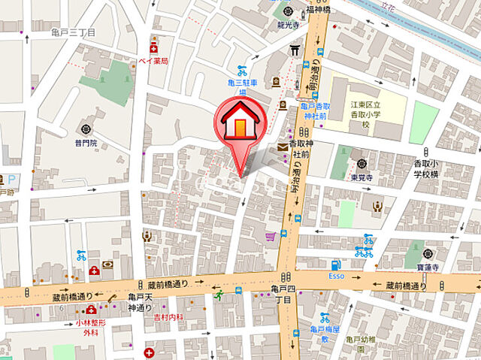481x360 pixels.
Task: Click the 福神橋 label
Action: pyautogui.click(x=318, y=11)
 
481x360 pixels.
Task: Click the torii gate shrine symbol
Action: pyautogui.click(x=295, y=51)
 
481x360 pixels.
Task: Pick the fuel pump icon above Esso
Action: pyautogui.click(x=336, y=265)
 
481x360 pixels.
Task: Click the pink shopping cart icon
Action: pyautogui.click(x=270, y=237)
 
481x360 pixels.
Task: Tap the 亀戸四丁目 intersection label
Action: pyautogui.click(x=283, y=294)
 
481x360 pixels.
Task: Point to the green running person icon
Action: pyautogui.click(x=219, y=297)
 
